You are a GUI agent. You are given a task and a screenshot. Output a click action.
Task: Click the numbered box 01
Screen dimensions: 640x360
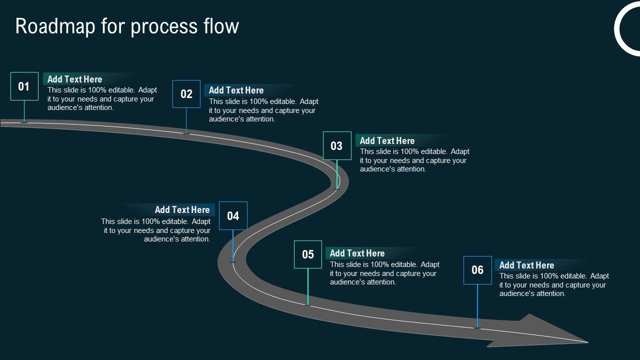24,86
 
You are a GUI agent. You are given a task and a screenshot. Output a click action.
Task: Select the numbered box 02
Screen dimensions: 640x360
186,94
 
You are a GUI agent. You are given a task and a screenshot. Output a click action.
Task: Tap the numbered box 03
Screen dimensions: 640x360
337,145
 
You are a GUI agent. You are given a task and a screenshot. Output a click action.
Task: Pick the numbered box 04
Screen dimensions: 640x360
233,215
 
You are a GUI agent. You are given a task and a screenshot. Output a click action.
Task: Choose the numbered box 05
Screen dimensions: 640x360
308,254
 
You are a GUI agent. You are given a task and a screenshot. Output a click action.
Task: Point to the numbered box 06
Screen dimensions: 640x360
477,270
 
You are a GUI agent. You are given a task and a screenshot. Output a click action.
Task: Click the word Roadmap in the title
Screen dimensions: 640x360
55,26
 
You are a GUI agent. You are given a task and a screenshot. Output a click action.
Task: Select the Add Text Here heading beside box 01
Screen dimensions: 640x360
75,79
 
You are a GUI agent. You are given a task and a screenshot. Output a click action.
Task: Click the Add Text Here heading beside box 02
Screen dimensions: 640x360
236,90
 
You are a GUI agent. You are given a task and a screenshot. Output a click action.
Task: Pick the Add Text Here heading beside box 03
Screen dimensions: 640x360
387,140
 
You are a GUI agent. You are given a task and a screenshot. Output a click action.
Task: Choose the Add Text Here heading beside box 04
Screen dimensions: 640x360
182,209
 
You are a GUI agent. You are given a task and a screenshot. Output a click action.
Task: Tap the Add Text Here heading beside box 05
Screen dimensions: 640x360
357,253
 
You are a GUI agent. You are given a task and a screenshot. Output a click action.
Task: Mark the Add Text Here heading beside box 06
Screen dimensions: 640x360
527,265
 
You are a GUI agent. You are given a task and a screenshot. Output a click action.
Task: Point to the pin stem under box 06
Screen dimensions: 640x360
477,306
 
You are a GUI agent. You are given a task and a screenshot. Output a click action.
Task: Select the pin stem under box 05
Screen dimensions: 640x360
308,287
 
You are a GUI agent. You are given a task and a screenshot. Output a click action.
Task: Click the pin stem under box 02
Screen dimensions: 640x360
186,121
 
